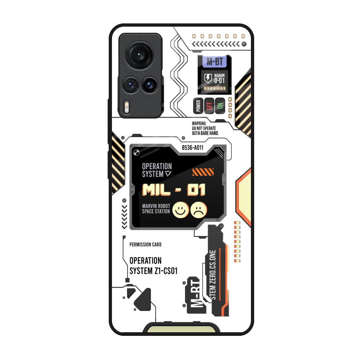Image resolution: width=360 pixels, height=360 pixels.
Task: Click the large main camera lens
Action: coord(139,55)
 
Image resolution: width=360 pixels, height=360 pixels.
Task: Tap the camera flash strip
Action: coord(126,107)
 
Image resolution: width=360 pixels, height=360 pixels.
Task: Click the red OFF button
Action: coord(209,105)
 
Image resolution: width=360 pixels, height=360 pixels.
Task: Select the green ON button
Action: coord(220,105)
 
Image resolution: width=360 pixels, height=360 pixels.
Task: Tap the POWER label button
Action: coord(198,105)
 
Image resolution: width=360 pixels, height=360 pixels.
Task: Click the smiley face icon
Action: coord(180,210)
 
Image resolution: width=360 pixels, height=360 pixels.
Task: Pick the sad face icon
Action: coord(199,210)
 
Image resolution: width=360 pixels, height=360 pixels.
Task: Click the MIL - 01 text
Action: coord(174,190)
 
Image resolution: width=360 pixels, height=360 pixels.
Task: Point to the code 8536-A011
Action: coord(192,148)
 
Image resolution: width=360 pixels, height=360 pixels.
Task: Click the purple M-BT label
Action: coord(215,62)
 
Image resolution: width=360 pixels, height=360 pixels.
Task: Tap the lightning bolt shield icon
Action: coord(208,78)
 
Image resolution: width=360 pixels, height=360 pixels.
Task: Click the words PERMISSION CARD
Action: coord(145,244)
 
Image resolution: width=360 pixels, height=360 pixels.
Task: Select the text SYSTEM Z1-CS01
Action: coord(153,271)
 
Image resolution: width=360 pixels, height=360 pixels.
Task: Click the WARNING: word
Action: coord(199,123)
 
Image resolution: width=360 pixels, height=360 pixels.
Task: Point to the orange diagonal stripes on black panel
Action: coord(203,172)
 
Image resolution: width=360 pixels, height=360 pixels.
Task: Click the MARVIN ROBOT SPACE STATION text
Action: coord(156,209)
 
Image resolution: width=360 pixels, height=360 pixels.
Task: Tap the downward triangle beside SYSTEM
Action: coord(168,174)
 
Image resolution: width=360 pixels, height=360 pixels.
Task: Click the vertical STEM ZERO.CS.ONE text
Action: coord(213,275)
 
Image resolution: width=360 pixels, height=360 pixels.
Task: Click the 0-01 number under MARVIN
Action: coord(219,81)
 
